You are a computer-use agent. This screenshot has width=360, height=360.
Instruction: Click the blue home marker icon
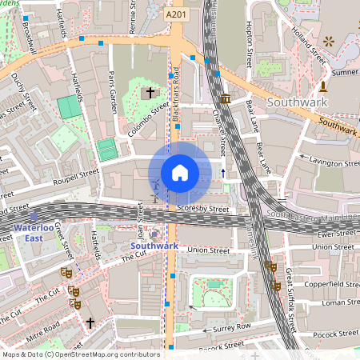(x=180, y=173)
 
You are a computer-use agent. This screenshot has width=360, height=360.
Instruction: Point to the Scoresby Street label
(x=203, y=210)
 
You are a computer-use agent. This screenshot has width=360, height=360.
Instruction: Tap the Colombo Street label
(x=150, y=116)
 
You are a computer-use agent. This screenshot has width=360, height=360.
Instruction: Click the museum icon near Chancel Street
(x=226, y=98)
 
